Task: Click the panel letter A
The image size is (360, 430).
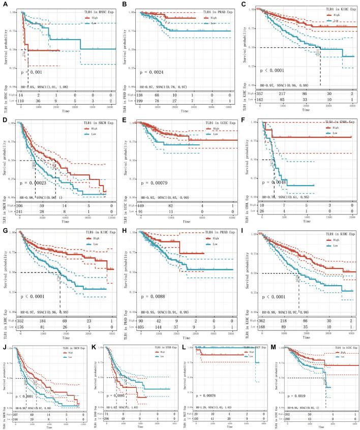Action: click(x=4, y=4)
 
